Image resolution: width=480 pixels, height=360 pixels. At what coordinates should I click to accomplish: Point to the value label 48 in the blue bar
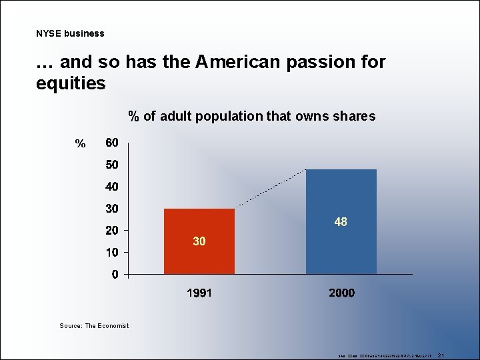click(341, 222)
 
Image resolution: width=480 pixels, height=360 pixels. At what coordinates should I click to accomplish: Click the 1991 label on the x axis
click(199, 293)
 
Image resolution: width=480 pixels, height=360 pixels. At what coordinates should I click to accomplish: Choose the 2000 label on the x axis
click(341, 293)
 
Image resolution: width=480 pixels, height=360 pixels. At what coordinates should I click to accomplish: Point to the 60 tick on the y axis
click(112, 143)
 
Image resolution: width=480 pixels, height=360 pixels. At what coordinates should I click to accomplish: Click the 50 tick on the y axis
click(112, 165)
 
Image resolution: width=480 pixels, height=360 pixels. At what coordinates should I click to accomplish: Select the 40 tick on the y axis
click(112, 187)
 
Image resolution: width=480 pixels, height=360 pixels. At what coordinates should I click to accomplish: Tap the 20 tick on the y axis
click(112, 231)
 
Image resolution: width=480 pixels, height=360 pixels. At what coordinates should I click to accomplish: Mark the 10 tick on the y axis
click(112, 253)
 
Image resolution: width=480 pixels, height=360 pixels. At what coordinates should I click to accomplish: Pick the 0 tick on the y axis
click(115, 274)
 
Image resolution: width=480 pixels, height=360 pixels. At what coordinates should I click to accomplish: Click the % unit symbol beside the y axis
click(80, 144)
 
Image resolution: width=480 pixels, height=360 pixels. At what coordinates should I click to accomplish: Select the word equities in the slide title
click(71, 83)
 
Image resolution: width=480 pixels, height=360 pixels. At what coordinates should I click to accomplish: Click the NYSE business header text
click(70, 33)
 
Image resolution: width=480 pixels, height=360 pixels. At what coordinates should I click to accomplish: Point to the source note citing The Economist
click(94, 325)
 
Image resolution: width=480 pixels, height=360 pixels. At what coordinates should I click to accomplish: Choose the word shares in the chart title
click(355, 117)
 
